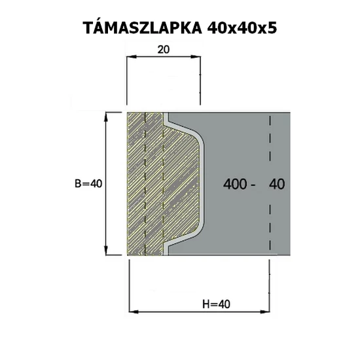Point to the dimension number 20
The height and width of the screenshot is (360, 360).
164,49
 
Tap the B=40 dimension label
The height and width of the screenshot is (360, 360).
88,184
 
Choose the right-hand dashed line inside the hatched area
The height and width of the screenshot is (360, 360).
162,183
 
